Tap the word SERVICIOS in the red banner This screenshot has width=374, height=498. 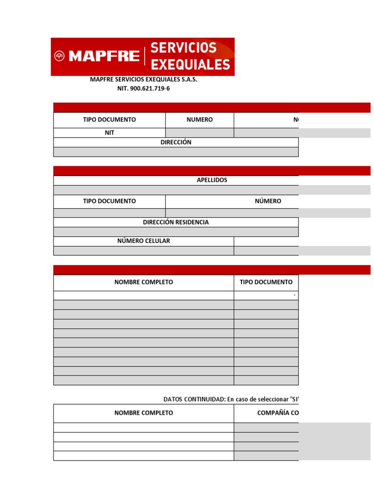(183, 48)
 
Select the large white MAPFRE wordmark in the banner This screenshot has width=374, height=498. (104, 56)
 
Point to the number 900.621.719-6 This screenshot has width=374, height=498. (150, 89)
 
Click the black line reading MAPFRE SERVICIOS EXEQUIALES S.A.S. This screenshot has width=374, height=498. (144, 79)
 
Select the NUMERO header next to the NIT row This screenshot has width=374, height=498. (199, 120)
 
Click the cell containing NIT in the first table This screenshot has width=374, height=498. (110, 133)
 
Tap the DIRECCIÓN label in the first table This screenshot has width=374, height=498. (176, 142)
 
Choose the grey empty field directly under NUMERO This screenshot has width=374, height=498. (199, 133)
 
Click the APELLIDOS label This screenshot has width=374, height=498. (212, 180)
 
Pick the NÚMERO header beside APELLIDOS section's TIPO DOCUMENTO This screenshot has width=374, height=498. (268, 201)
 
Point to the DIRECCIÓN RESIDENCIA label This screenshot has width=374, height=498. (176, 222)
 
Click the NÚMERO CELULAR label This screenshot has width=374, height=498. (144, 241)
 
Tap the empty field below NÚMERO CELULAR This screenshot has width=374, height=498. (144, 250)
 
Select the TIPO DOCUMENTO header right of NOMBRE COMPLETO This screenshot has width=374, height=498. (266, 282)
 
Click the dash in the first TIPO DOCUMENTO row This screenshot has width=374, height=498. (294, 295)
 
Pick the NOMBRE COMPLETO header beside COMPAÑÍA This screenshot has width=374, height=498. (144, 413)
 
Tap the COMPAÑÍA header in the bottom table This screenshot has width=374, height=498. (278, 413)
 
